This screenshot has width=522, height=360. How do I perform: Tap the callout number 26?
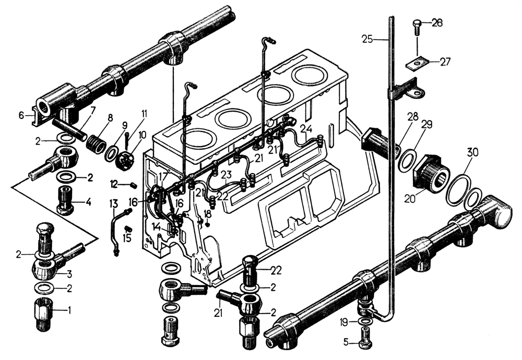(x=437, y=22)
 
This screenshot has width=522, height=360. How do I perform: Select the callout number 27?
(x=445, y=62)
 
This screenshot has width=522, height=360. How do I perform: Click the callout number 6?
(x=21, y=115)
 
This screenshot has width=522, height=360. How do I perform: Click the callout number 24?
(x=306, y=129)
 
